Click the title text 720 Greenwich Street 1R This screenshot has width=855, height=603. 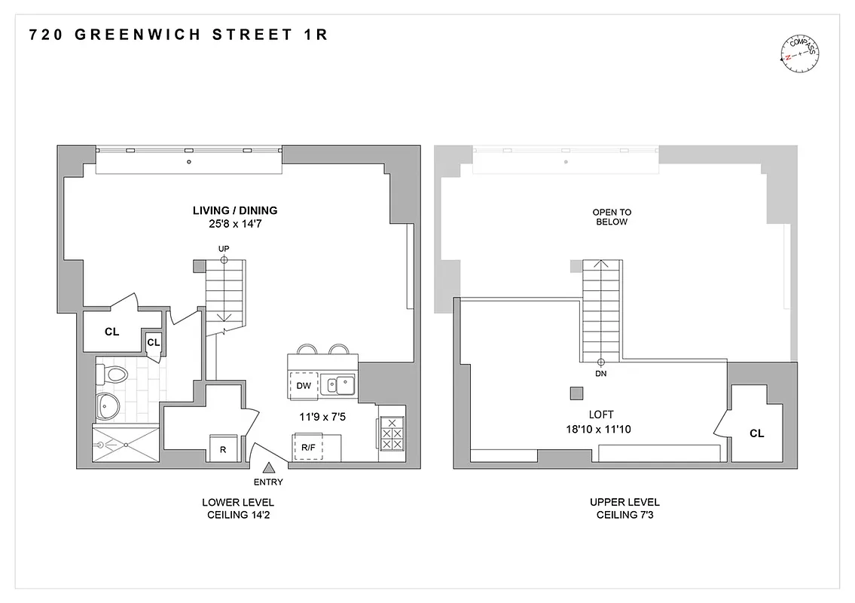(178, 35)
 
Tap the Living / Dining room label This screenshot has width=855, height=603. (234, 210)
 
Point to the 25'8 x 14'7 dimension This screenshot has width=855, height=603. (234, 224)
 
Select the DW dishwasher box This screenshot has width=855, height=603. (304, 385)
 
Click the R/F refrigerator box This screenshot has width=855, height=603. (308, 447)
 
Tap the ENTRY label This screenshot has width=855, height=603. (269, 482)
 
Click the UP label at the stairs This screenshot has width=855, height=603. (224, 248)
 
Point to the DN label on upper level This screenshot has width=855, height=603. (601, 373)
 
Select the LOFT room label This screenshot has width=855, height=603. (602, 415)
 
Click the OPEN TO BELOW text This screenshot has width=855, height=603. (610, 217)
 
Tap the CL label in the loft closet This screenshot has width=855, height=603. (756, 433)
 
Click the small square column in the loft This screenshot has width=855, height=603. (576, 393)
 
